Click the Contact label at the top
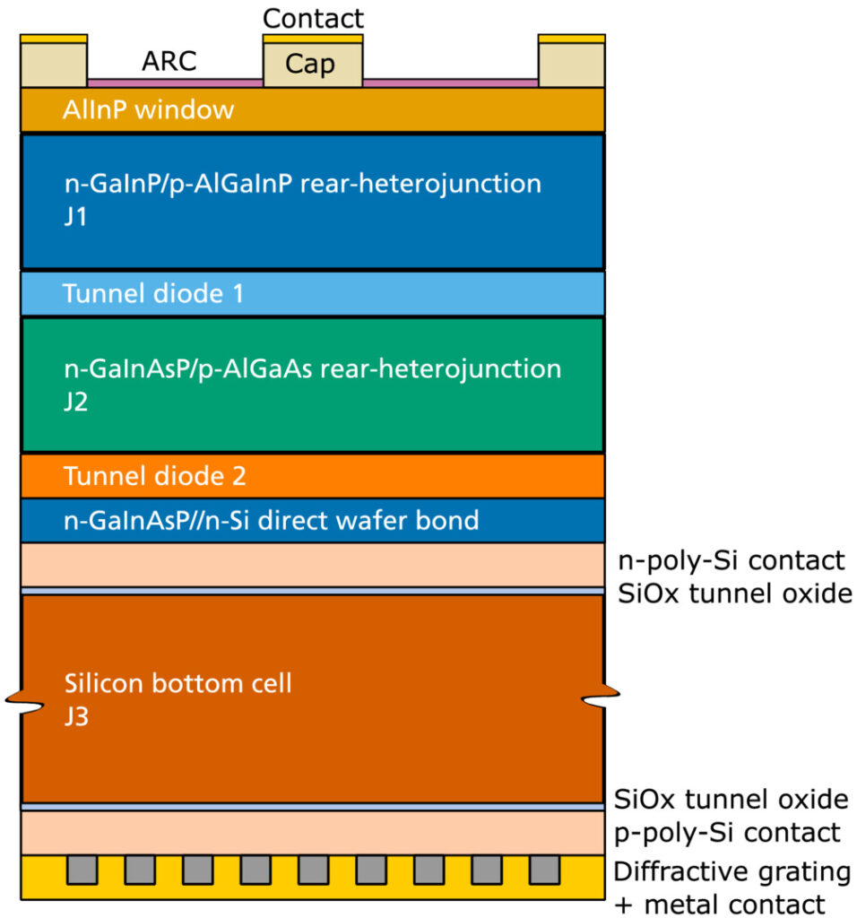[x=313, y=19]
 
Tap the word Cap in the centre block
[x=309, y=64]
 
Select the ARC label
[x=169, y=61]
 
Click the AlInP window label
[x=148, y=109]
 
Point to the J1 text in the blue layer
[x=75, y=217]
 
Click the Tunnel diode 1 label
[x=152, y=293]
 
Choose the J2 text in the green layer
[x=76, y=402]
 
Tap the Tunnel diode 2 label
[x=154, y=476]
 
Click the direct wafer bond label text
[x=271, y=521]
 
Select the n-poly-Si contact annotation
[x=731, y=561]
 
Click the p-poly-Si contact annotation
[x=727, y=833]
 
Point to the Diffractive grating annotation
[x=731, y=871]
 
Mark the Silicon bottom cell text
[x=178, y=683]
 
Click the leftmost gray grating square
[x=82, y=870]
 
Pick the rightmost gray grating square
[x=544, y=870]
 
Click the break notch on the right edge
[x=601, y=696]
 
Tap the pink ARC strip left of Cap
[x=175, y=83]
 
